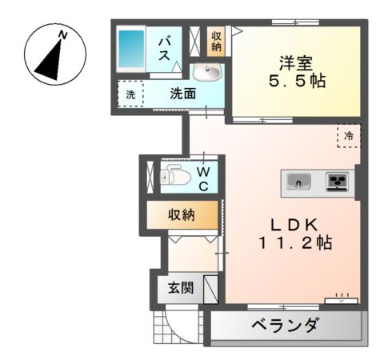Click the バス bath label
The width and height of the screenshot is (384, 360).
click(167, 49)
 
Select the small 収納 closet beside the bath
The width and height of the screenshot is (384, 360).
click(217, 41)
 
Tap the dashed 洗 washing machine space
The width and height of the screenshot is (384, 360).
click(130, 94)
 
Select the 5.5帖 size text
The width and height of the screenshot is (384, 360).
click(295, 82)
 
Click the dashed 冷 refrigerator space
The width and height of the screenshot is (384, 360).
click(348, 136)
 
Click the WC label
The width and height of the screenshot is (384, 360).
click(204, 179)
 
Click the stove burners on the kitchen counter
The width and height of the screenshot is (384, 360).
click(337, 182)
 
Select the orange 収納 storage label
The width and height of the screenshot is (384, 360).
click(182, 214)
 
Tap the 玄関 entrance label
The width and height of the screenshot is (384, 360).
click(180, 288)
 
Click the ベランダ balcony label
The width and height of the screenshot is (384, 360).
click(285, 327)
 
